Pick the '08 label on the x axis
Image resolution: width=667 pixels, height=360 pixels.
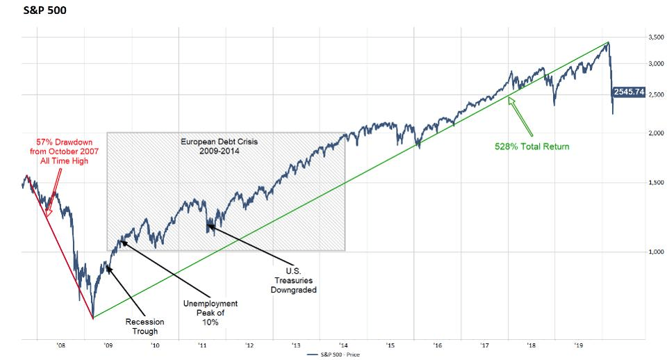(x=60, y=344)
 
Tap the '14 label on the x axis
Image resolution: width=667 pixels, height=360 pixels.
(x=343, y=344)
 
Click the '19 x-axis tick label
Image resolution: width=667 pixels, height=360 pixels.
(x=577, y=344)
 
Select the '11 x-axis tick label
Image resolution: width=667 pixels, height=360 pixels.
(x=201, y=344)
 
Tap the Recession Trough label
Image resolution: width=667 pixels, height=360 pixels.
(x=145, y=327)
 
